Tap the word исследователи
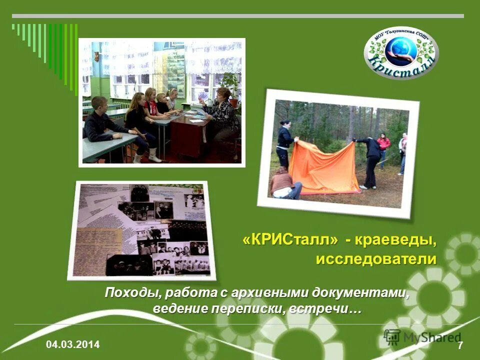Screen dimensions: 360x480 376,259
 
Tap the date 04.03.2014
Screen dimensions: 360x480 73,344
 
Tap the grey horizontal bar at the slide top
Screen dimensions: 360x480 237,16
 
